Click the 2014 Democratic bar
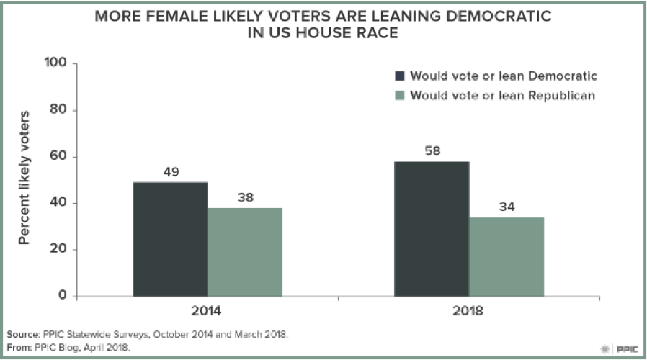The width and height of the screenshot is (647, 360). point(170,239)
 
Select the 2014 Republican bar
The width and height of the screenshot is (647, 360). point(245,252)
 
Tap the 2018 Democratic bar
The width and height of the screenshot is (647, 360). point(432,229)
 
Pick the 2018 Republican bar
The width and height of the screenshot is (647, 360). point(507,256)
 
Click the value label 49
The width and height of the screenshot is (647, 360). point(170,172)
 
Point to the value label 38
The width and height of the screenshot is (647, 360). point(245,198)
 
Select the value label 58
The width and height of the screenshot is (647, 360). point(432,151)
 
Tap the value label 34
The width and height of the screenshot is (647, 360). point(507,207)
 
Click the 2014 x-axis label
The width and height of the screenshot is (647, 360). point(208,313)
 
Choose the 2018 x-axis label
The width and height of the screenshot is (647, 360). point(469,313)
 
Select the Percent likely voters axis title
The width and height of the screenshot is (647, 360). point(24,178)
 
